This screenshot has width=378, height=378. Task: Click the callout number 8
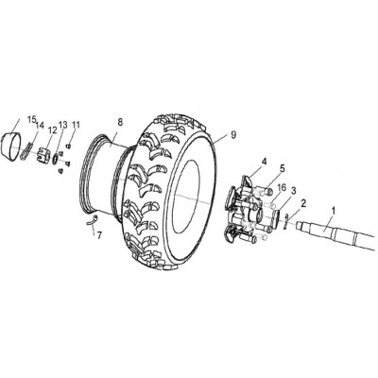[120, 123]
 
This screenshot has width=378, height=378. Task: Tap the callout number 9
[233, 135]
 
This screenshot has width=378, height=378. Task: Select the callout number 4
[264, 162]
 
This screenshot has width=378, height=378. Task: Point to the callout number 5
[282, 168]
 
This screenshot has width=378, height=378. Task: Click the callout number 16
[282, 188]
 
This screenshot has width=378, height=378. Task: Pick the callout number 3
[294, 191]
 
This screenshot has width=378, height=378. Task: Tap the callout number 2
[303, 203]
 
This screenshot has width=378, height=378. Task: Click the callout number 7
[99, 235]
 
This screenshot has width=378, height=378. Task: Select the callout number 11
[76, 125]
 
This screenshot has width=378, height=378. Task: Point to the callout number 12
[52, 130]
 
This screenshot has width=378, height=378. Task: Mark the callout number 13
[62, 125]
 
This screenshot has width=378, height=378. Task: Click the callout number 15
[32, 120]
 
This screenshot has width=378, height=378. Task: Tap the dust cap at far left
[10, 146]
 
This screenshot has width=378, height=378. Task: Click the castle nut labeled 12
[43, 155]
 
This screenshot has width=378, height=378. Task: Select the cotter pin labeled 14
[26, 151]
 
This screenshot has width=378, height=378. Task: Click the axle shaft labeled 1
[337, 234]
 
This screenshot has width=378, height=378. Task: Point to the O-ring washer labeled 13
[55, 158]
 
